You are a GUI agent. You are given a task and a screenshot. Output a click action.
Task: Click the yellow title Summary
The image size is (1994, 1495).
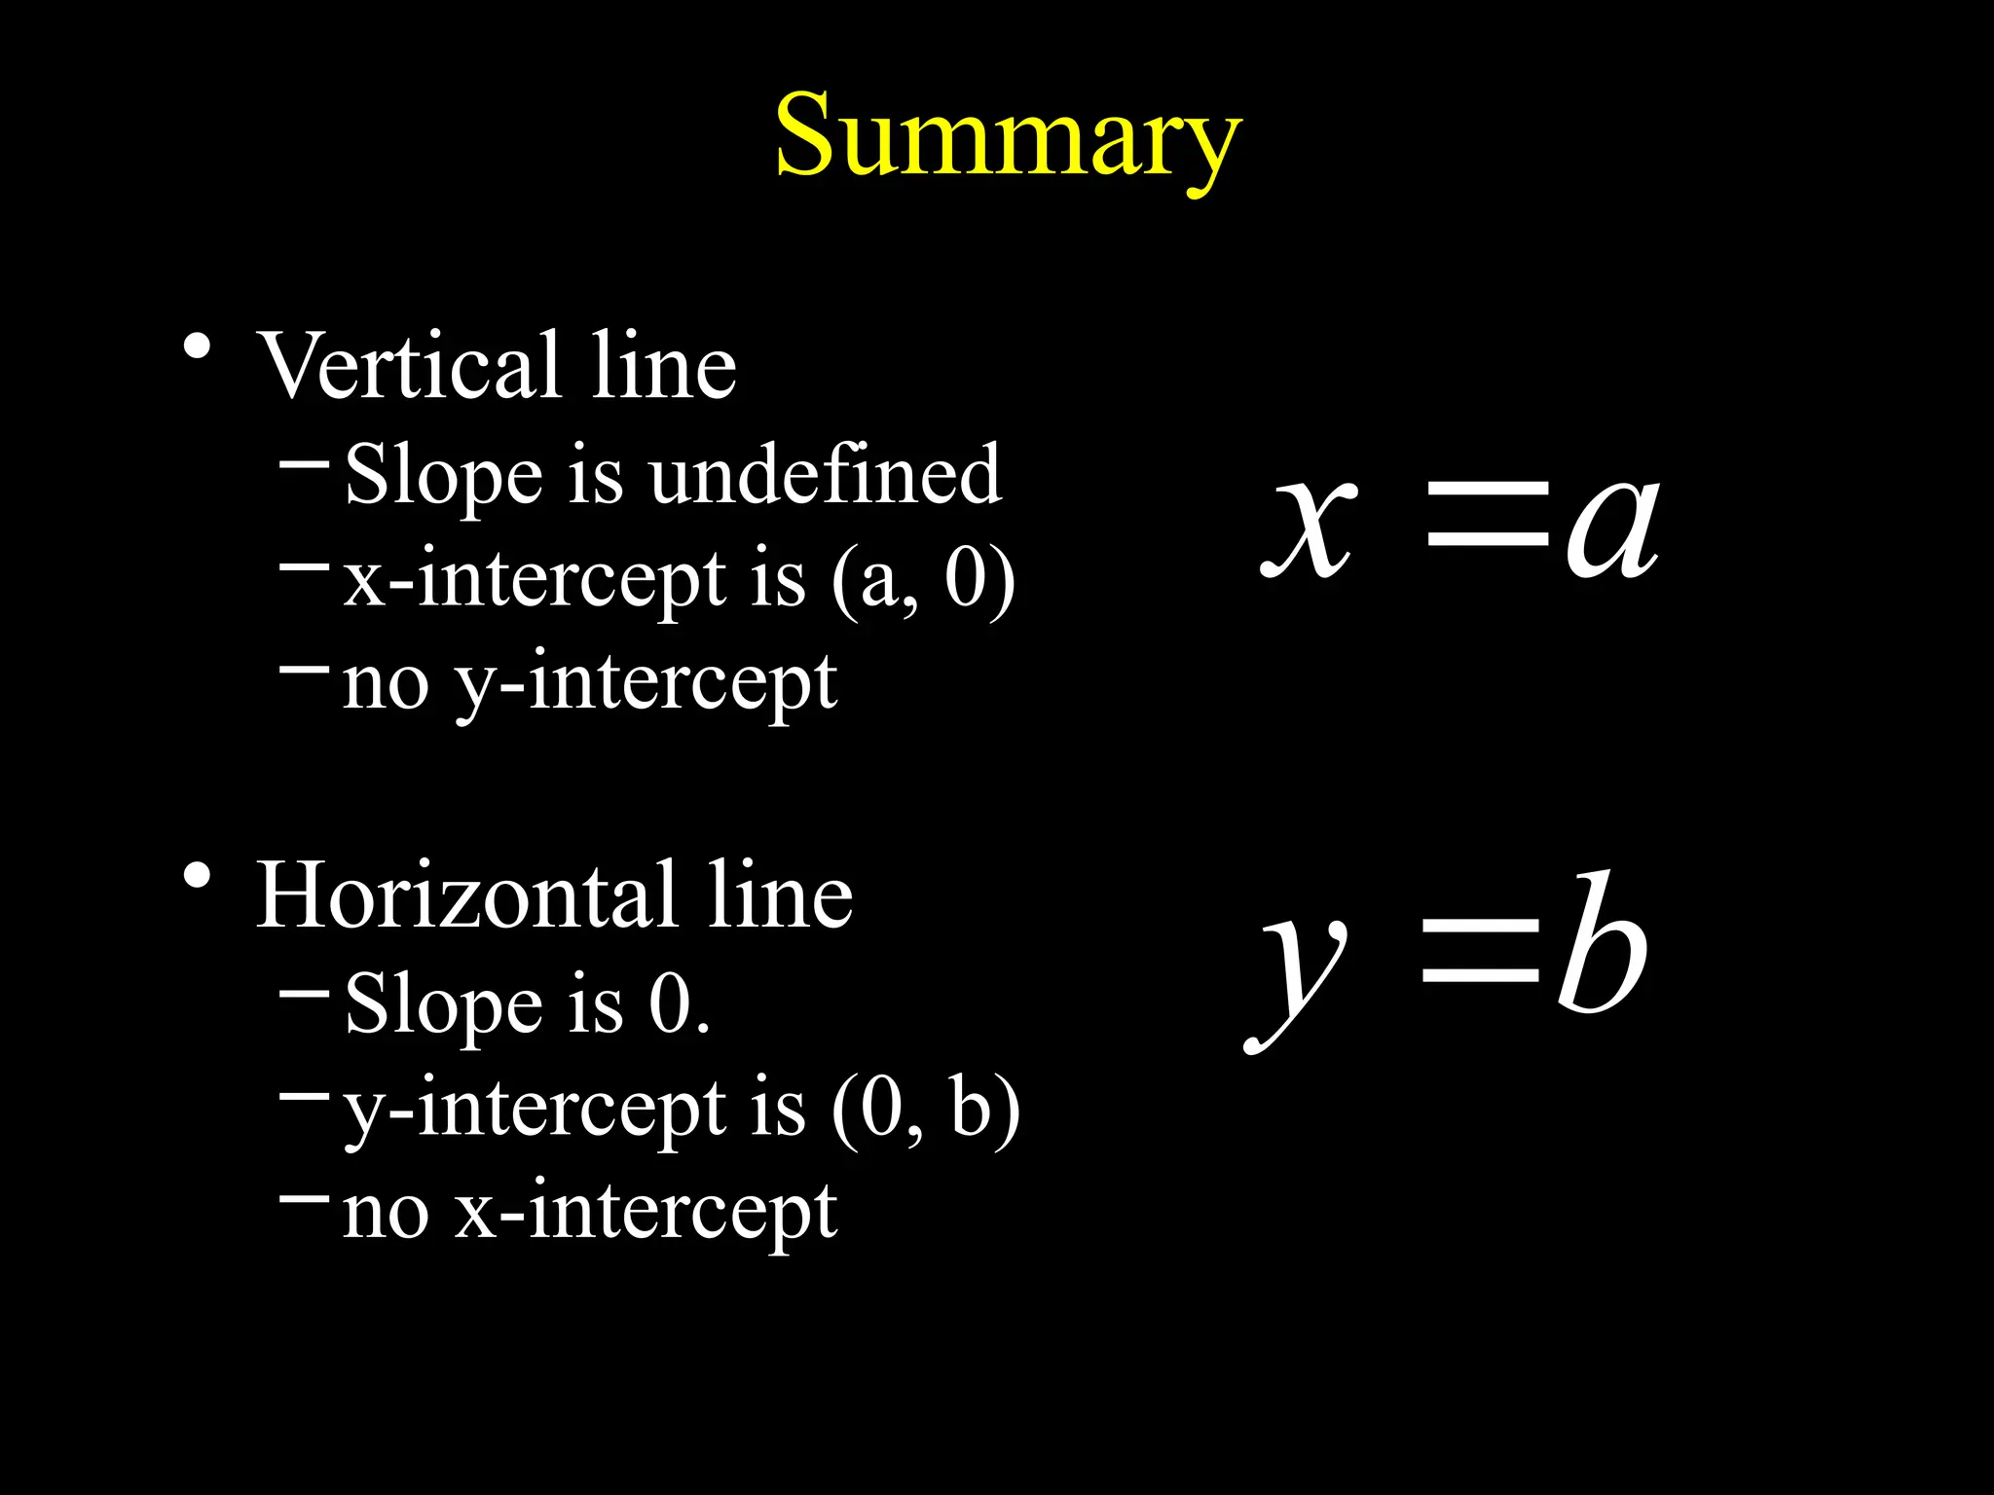click(1008, 136)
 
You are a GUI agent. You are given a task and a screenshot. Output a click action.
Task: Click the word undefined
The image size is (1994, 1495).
click(825, 474)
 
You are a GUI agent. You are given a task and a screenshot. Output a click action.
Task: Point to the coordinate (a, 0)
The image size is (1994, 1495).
click(923, 580)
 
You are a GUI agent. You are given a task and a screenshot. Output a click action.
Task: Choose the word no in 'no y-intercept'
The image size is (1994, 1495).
click(386, 684)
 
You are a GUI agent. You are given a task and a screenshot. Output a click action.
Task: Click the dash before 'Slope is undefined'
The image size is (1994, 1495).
click(304, 465)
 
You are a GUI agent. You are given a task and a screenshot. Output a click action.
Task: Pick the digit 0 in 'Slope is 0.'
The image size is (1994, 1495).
click(670, 1003)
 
